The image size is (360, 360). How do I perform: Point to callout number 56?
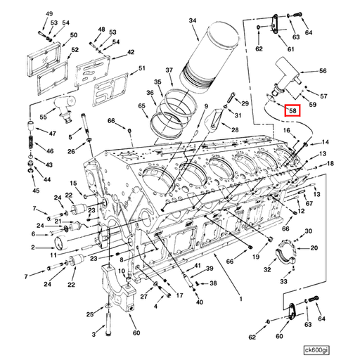tap(323, 72)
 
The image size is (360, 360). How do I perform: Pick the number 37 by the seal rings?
tap(169, 71)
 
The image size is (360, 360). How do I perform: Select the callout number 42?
tap(131, 53)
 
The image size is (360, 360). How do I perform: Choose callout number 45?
tap(36, 190)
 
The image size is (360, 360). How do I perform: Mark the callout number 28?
tap(234, 130)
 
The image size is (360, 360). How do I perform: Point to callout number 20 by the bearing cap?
tap(314, 247)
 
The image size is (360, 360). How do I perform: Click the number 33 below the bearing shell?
tap(283, 281)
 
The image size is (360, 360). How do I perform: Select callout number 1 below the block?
tap(240, 300)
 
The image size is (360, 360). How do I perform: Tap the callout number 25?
tap(90, 314)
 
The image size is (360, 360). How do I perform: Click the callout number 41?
tap(209, 266)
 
